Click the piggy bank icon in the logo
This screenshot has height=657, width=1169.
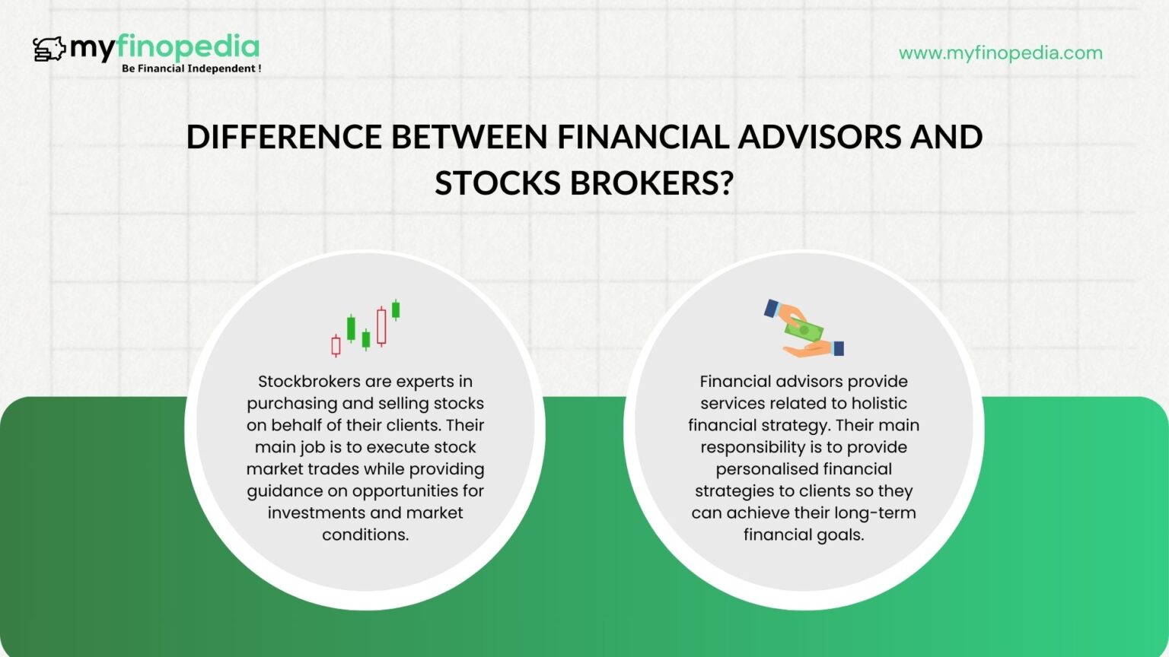click(x=49, y=49)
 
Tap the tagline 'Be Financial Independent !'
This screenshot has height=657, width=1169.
click(x=191, y=68)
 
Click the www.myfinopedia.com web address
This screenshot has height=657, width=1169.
click(x=1000, y=53)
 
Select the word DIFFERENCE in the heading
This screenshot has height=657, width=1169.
click(x=284, y=138)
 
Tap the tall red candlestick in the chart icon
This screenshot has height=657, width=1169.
click(x=381, y=326)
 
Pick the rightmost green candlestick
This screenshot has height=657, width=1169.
click(x=396, y=309)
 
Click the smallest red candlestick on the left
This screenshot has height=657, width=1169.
click(x=336, y=345)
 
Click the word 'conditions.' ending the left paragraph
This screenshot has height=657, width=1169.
click(x=365, y=535)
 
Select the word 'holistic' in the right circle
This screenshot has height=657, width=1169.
click(x=879, y=404)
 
